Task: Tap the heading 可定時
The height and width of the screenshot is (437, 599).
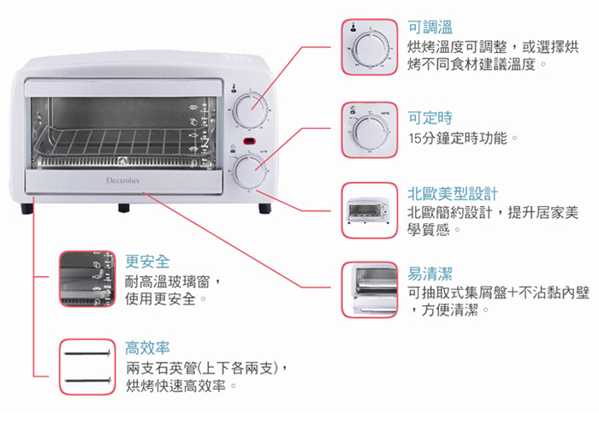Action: (430, 118)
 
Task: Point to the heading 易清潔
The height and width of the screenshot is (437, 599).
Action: (430, 273)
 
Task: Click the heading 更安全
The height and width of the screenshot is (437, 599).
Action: (147, 261)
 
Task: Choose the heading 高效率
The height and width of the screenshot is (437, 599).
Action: (147, 348)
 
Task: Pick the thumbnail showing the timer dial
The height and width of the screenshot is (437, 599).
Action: (370, 130)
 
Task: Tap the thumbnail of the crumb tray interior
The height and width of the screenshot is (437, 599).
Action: (370, 290)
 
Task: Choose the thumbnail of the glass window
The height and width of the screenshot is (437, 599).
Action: (87, 278)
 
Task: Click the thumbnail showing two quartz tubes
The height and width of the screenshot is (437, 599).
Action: (87, 367)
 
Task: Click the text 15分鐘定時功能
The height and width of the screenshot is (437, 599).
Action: (461, 139)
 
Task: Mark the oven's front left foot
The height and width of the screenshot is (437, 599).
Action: (31, 207)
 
